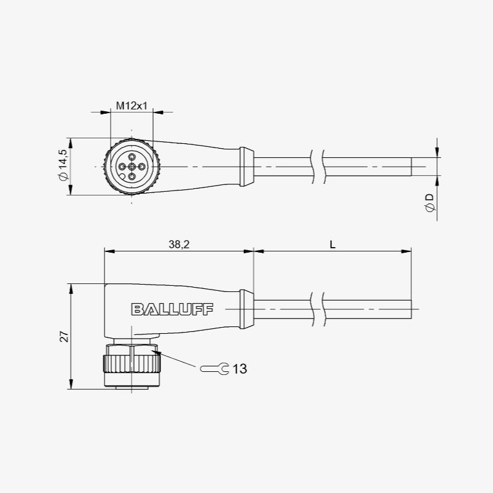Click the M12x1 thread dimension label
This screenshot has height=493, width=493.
tap(132, 106)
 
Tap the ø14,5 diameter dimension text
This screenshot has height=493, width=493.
tap(63, 165)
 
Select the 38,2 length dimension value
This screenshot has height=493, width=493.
tap(179, 244)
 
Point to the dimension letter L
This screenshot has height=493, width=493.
tap(333, 244)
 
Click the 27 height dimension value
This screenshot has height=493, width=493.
tap(64, 337)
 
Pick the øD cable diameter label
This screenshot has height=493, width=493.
tap(430, 203)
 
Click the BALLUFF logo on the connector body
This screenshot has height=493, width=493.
tap(172, 309)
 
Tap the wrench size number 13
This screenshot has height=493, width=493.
tap(240, 369)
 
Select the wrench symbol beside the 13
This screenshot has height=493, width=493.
tap(215, 369)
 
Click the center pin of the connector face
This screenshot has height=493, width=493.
tap(132, 167)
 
